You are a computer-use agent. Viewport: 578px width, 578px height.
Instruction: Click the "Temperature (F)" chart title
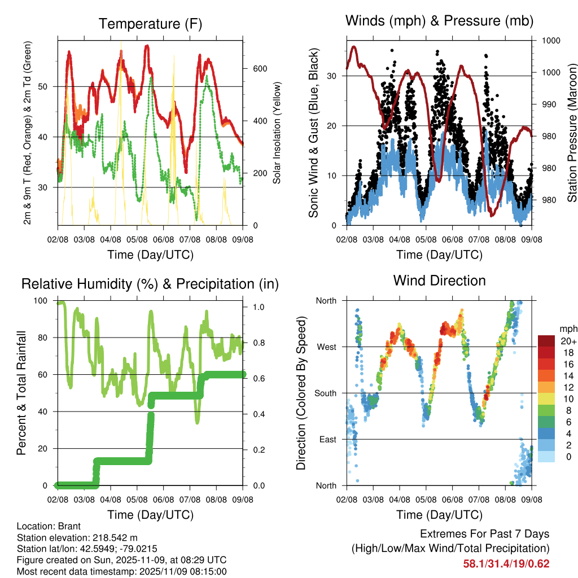point(150,24)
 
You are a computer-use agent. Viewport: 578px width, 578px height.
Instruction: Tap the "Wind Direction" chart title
point(439,281)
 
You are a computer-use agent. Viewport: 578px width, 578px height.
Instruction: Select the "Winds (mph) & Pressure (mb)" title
point(439,21)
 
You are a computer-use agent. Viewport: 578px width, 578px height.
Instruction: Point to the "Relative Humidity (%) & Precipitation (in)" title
point(150,284)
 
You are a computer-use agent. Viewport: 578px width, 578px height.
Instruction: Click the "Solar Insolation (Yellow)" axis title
point(277,133)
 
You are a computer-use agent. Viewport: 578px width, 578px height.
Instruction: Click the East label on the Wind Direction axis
point(327,439)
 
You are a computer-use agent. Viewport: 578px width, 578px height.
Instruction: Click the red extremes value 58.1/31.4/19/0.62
point(506,563)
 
